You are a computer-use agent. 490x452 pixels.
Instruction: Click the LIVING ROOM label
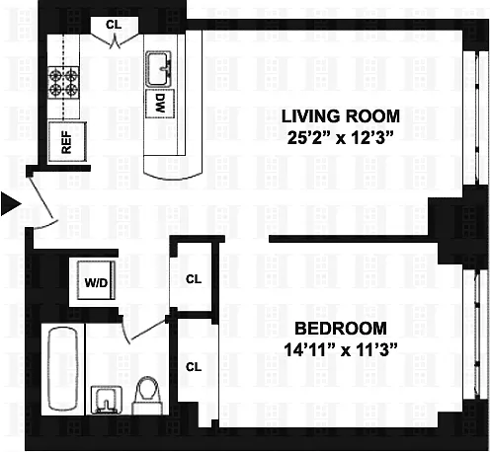(x=341, y=116)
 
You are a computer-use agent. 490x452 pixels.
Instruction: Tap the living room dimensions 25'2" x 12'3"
(x=341, y=138)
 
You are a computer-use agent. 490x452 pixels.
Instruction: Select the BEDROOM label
(x=341, y=329)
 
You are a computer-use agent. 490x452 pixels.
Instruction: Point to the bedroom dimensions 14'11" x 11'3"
(x=341, y=349)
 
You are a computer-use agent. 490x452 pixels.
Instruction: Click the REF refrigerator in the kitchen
(x=67, y=142)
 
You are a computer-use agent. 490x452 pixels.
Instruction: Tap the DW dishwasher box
(x=160, y=104)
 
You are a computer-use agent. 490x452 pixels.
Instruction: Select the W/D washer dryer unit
(x=96, y=280)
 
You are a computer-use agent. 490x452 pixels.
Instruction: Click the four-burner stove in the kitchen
(x=63, y=82)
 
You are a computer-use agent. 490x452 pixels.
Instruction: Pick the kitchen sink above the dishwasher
(x=158, y=69)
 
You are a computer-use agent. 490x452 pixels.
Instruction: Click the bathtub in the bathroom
(x=63, y=369)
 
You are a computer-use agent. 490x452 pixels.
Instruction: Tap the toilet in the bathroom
(x=148, y=396)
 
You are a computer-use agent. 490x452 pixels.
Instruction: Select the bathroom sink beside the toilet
(x=107, y=400)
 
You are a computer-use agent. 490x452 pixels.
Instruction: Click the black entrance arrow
(x=11, y=204)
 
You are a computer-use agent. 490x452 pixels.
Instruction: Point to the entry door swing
(x=41, y=198)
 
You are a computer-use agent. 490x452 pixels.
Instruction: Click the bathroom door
(x=149, y=329)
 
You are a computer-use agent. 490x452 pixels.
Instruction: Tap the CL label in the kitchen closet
(x=114, y=25)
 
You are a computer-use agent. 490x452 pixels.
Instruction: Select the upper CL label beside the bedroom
(x=194, y=279)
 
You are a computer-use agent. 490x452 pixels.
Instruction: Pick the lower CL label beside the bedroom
(x=194, y=367)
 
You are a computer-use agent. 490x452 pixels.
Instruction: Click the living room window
(x=475, y=117)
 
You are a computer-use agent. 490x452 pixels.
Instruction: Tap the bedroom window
(x=475, y=335)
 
